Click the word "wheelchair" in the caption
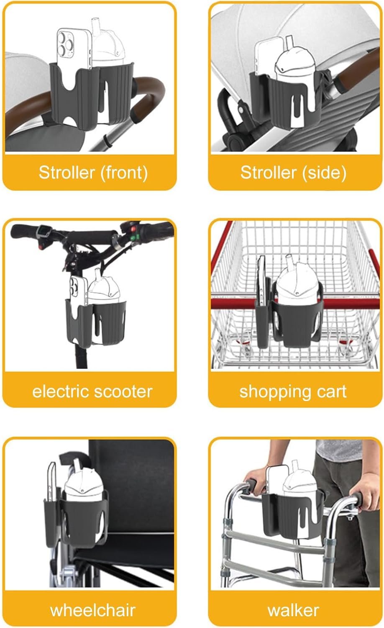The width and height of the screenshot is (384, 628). coord(93,610)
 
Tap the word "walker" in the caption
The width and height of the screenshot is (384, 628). coord(293,610)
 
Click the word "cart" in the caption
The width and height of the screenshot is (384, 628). coord(331,391)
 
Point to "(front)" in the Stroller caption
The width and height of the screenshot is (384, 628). coord(124,172)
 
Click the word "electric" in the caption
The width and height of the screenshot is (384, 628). coord(61,391)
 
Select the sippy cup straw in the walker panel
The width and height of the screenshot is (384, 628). coord(294,466)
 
